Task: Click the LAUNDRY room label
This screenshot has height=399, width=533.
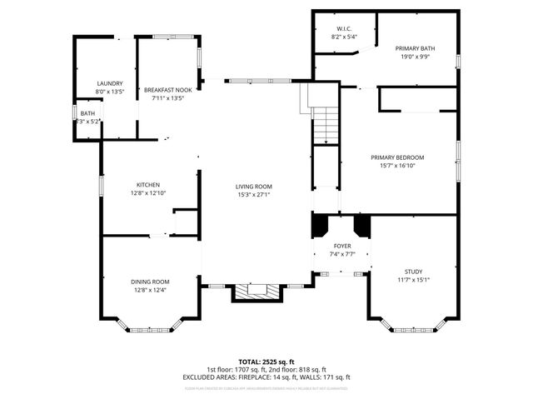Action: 110,83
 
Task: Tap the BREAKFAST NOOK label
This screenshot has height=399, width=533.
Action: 168,89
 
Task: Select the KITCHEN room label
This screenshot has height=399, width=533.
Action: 148,185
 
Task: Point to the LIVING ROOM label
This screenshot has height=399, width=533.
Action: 254,187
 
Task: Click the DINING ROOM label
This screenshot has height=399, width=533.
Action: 150,282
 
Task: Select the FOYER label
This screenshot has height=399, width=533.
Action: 342,247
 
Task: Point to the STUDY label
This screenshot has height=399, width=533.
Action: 414,271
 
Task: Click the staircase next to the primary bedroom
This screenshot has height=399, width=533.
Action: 326,125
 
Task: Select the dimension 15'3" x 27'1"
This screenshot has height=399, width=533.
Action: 254,195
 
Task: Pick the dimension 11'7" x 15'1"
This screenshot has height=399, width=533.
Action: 414,279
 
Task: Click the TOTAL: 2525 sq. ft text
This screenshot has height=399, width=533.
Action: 266,362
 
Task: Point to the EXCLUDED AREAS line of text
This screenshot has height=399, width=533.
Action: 266,377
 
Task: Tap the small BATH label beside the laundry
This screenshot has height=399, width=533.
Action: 87,113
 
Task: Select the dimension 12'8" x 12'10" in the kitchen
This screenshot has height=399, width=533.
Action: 148,193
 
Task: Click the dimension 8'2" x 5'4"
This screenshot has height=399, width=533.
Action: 344,37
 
